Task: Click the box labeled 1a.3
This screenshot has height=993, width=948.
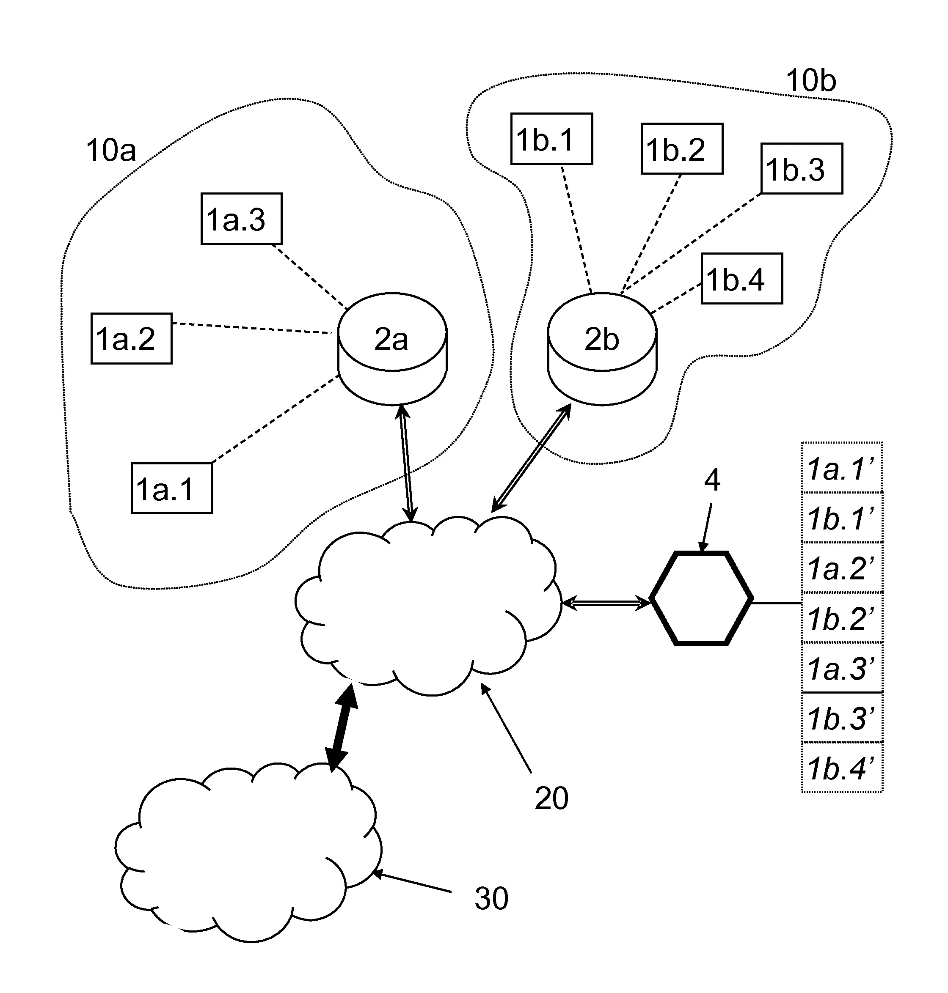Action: pyautogui.click(x=241, y=219)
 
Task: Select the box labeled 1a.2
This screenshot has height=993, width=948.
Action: pyautogui.click(x=131, y=338)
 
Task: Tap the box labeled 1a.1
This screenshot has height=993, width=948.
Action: pyautogui.click(x=172, y=488)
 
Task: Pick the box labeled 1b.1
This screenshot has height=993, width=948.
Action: pyautogui.click(x=551, y=139)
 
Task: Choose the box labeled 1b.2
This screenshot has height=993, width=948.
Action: pyautogui.click(x=682, y=149)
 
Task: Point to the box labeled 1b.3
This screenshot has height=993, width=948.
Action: pyautogui.click(x=802, y=169)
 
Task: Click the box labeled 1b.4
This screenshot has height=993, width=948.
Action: pyautogui.click(x=741, y=279)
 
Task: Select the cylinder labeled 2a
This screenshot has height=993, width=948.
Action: pyautogui.click(x=392, y=348)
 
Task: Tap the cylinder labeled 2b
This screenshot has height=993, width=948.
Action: pyautogui.click(x=602, y=348)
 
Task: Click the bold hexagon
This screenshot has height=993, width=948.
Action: pyautogui.click(x=701, y=598)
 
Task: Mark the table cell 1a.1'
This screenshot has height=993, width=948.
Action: pyautogui.click(x=842, y=468)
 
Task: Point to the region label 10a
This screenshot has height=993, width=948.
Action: pyautogui.click(x=110, y=151)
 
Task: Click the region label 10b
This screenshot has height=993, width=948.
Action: pyautogui.click(x=810, y=81)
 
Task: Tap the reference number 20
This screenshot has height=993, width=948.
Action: pyautogui.click(x=551, y=798)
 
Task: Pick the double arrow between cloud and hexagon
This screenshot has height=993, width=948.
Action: pyautogui.click(x=605, y=602)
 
